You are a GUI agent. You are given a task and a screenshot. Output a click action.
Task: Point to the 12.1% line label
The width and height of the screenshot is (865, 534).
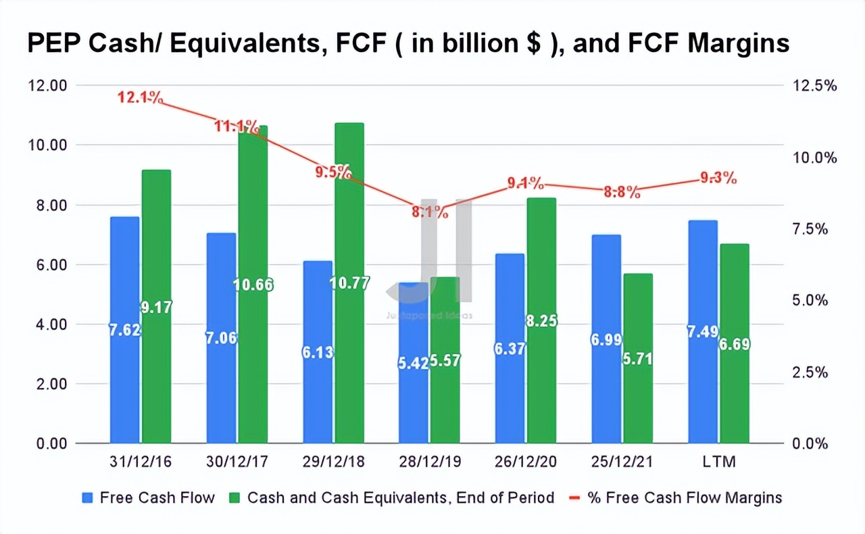click(140, 97)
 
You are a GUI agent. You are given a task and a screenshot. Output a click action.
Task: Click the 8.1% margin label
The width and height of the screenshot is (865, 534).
click(430, 212)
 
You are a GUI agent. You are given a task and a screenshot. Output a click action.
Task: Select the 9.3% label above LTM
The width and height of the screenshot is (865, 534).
click(718, 179)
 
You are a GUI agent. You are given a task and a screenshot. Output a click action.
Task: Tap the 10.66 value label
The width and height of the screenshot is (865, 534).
click(253, 285)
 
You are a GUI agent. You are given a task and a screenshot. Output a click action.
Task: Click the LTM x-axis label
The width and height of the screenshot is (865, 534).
click(718, 463)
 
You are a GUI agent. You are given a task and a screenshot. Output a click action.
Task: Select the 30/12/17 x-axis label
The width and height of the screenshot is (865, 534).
click(237, 463)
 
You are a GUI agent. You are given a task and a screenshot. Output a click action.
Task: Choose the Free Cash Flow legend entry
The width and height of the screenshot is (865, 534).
click(149, 498)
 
